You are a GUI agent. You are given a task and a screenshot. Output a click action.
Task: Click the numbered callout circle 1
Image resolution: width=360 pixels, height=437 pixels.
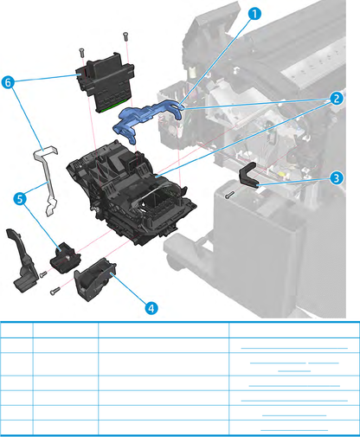point(254,14)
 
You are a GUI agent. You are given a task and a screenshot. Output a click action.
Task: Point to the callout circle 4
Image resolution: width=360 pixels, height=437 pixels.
point(151,305)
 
